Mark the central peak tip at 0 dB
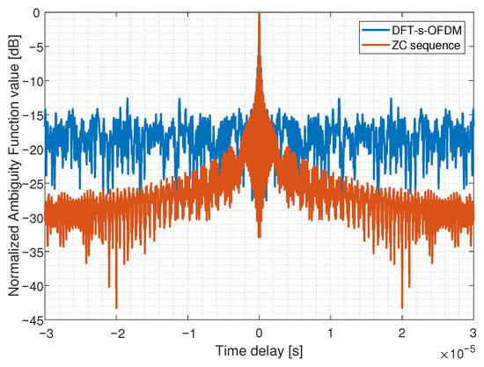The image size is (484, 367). pyautogui.click(x=259, y=14)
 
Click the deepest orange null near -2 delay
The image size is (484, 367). pyautogui.click(x=116, y=307)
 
